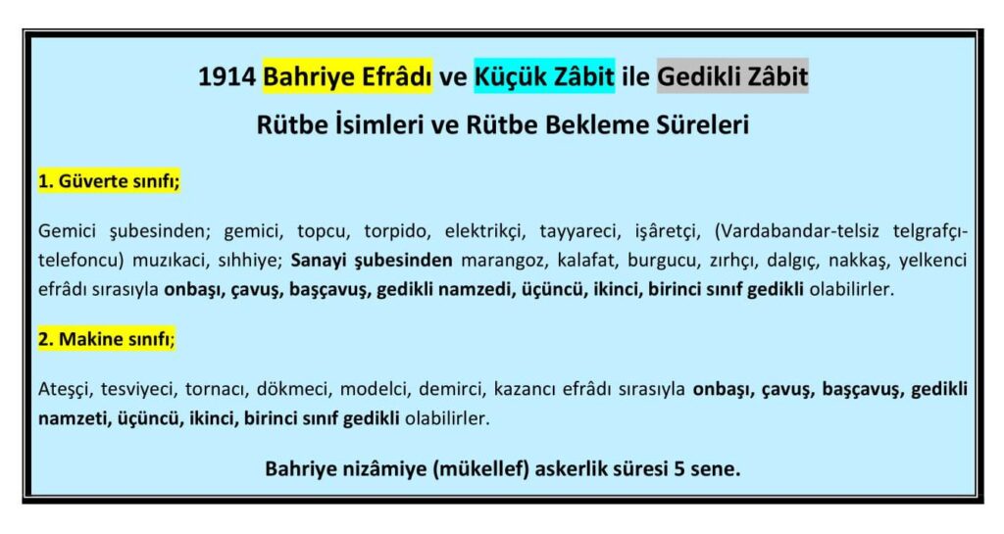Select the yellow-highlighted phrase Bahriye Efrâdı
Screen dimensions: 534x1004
click(x=347, y=76)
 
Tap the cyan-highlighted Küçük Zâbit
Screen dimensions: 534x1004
click(x=544, y=76)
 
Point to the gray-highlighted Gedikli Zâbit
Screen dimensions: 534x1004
click(x=732, y=76)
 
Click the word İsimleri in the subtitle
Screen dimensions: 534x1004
click(x=376, y=126)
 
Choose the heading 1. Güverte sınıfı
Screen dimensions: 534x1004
click(x=110, y=182)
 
